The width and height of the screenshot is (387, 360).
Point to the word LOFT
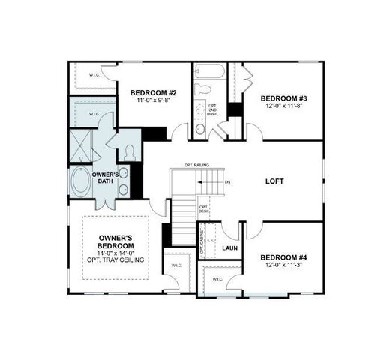click(275, 181)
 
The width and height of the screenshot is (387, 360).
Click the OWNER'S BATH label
click(104, 178)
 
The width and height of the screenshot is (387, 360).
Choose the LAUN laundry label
click(229, 247)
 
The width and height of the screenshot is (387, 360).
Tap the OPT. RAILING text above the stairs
click(196, 165)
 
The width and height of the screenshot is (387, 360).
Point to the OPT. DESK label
click(203, 210)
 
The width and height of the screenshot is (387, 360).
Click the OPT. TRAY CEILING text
click(115, 259)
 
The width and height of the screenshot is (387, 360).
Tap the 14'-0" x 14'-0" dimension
click(115, 253)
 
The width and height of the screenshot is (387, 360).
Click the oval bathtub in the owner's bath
click(79, 181)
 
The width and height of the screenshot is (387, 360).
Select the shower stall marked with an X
click(79, 145)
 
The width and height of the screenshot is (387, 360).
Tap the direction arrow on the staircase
click(204, 181)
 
